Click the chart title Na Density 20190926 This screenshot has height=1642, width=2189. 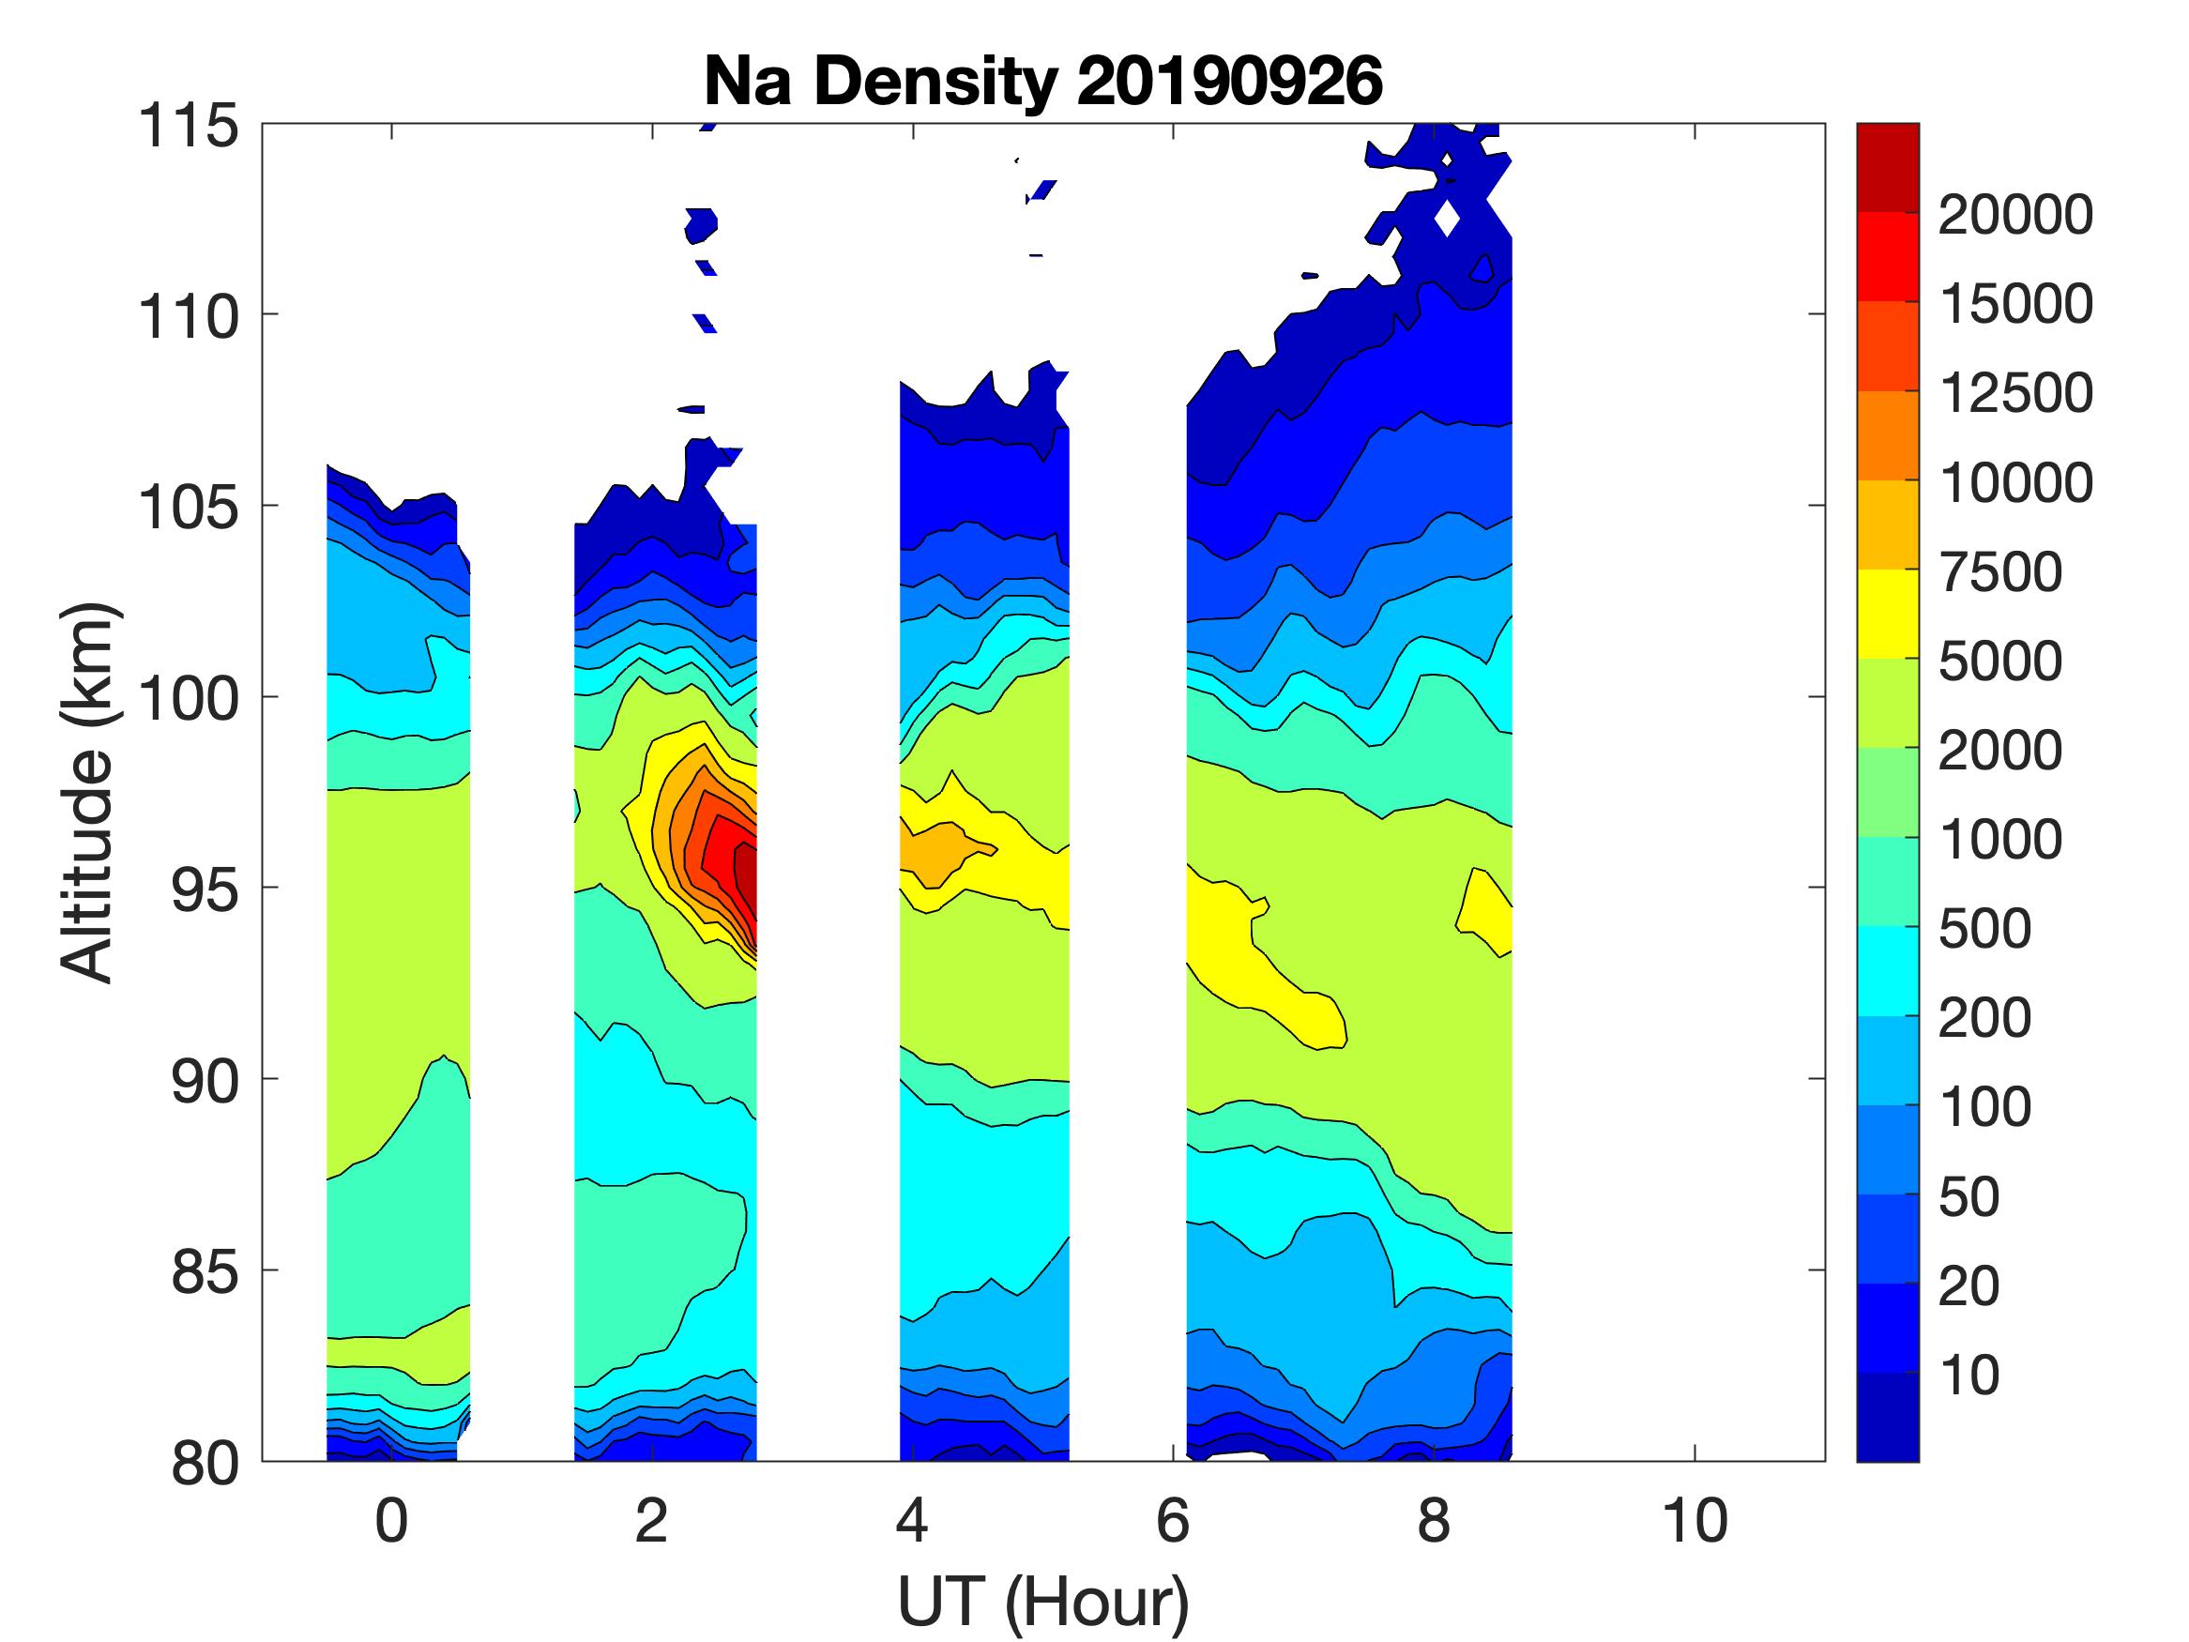pyautogui.click(x=1042, y=81)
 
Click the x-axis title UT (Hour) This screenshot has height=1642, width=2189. pyautogui.click(x=1042, y=1602)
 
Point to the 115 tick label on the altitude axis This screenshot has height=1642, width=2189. pyautogui.click(x=188, y=127)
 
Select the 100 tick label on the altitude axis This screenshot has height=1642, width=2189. pyautogui.click(x=188, y=699)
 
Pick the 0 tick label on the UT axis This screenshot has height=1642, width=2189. pyautogui.click(x=392, y=1521)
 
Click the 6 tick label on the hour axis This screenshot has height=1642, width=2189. pyautogui.click(x=1173, y=1521)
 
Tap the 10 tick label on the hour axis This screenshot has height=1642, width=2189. pyautogui.click(x=1695, y=1521)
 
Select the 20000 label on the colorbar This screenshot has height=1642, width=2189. pyautogui.click(x=2014, y=215)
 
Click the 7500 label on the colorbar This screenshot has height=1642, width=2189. pyautogui.click(x=2000, y=572)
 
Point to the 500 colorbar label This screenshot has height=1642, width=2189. pyautogui.click(x=1984, y=928)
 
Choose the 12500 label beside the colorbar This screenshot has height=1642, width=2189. pyautogui.click(x=2014, y=394)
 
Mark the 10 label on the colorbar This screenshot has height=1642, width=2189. pyautogui.click(x=1969, y=1375)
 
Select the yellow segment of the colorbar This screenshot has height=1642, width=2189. pyautogui.click(x=1887, y=614)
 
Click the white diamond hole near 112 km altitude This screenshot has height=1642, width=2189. pyautogui.click(x=1447, y=218)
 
